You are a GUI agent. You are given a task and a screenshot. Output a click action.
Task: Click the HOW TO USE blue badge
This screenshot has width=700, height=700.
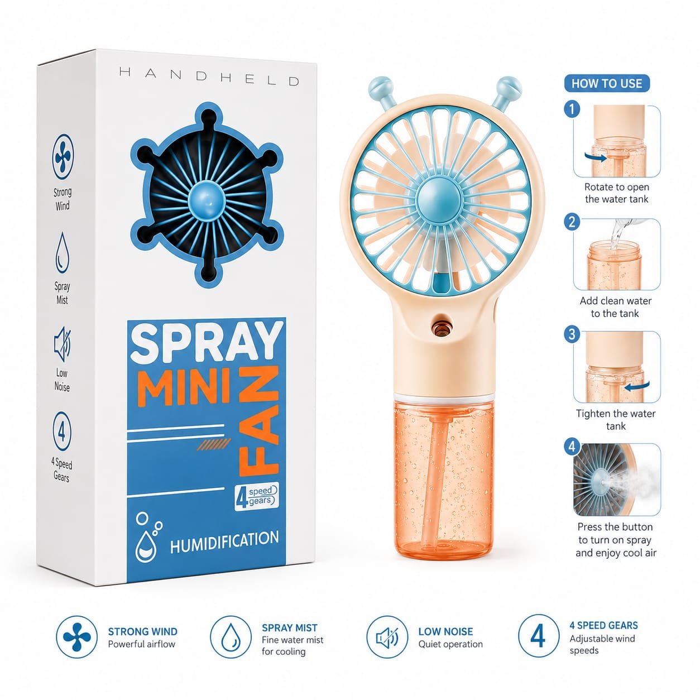[606, 84]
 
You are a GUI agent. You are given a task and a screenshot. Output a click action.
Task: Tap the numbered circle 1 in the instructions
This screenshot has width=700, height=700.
[572, 109]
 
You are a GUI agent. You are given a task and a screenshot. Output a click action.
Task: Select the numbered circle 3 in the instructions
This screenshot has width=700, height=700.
[572, 333]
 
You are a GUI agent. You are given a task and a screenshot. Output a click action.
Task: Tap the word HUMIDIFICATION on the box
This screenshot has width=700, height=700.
[224, 541]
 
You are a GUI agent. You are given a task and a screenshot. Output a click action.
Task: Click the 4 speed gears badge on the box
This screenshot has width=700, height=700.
[257, 496]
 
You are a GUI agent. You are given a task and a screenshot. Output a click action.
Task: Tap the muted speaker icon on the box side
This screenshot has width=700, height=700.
[62, 344]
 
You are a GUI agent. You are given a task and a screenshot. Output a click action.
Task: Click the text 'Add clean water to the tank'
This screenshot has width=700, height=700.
[615, 307]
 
